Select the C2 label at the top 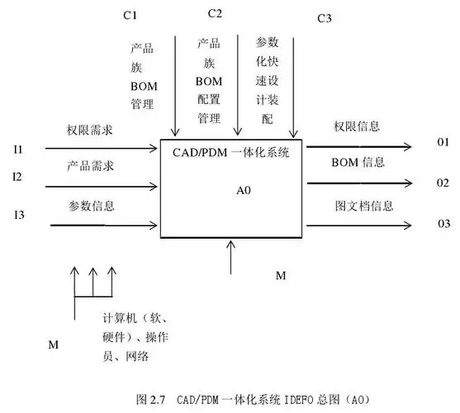coord(215,13)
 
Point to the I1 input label coord(17,150)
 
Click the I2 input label coord(17,177)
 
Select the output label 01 coord(443,143)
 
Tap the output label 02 coord(443,182)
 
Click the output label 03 coord(444,224)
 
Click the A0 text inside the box coord(244,190)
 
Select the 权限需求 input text coord(91,130)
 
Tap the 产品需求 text coord(91,167)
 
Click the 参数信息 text coord(91,205)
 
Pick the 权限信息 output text coord(357,126)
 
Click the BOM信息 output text coord(357,162)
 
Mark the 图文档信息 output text coord(363,206)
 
